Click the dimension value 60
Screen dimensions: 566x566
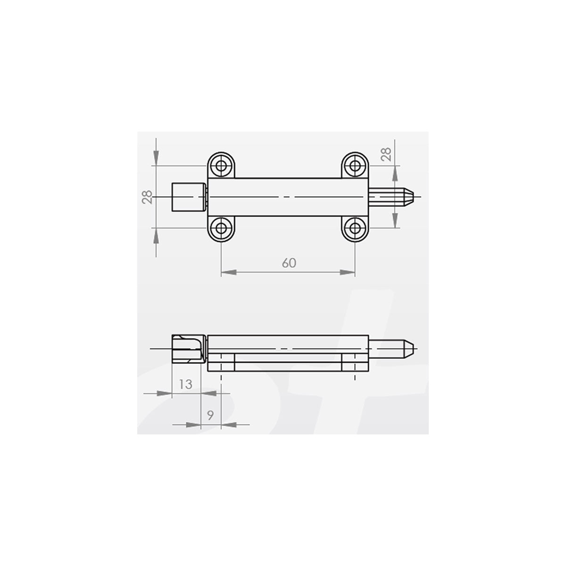coord(289,263)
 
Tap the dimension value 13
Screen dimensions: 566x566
coord(186,384)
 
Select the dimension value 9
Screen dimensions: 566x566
coord(210,416)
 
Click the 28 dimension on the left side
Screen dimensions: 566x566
coord(147,197)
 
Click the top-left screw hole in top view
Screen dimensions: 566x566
coord(221,166)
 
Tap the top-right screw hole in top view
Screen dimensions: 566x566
coord(355,166)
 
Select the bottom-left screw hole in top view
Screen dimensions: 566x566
coord(221,227)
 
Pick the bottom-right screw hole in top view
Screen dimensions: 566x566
coord(355,227)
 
